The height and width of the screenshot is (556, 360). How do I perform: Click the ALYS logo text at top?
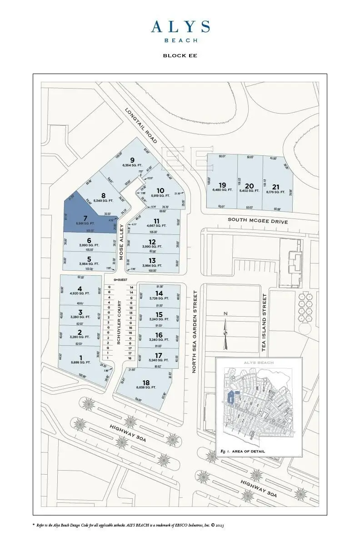[x=180, y=27]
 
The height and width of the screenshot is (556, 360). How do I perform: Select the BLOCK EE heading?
[x=180, y=56]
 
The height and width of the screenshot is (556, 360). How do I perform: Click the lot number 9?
[x=133, y=160]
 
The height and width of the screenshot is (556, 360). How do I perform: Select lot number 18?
[x=146, y=382]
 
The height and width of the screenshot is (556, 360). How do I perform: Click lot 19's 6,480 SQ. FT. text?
[x=222, y=191]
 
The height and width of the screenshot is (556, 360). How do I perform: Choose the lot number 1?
[x=81, y=357]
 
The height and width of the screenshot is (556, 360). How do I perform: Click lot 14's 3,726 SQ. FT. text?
[x=159, y=298]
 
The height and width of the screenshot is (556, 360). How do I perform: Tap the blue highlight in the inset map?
[x=231, y=397]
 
